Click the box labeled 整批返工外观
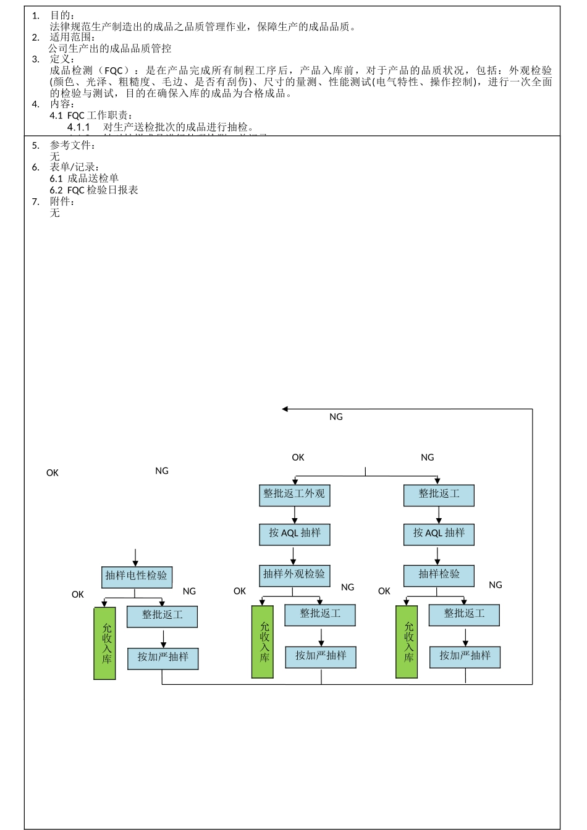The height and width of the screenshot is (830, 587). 294,495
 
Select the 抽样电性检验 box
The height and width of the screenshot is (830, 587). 136,576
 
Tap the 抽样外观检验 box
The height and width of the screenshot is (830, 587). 294,575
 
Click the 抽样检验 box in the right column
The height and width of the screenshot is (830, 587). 439,575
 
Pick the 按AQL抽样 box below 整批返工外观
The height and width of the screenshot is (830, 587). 294,534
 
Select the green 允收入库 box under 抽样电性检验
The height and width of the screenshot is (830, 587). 104,643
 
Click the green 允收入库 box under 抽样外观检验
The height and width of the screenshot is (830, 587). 263,642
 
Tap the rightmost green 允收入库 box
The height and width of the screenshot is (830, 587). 407,642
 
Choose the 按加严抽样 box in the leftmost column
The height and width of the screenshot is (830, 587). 163,658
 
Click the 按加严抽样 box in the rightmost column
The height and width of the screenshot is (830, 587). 465,656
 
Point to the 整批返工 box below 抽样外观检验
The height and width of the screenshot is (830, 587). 320,614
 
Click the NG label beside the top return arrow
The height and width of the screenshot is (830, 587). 336,417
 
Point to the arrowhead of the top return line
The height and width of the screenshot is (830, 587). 285,409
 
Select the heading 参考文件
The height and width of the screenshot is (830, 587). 72,146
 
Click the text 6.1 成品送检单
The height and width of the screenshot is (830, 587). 84,178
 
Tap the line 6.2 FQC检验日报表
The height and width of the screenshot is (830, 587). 94,190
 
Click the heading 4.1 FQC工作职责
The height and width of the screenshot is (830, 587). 91,115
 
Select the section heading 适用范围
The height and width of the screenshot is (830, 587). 72,37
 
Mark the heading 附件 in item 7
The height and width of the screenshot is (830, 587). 62,201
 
